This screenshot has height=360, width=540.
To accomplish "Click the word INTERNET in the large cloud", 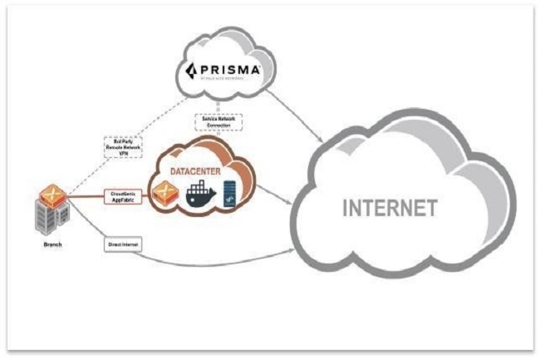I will click(390, 208).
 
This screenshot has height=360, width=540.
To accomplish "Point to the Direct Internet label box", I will click(121, 245).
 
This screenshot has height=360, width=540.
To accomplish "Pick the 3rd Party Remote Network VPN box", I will click(121, 148).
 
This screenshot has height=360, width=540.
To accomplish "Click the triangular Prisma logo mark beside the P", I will click(190, 69).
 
